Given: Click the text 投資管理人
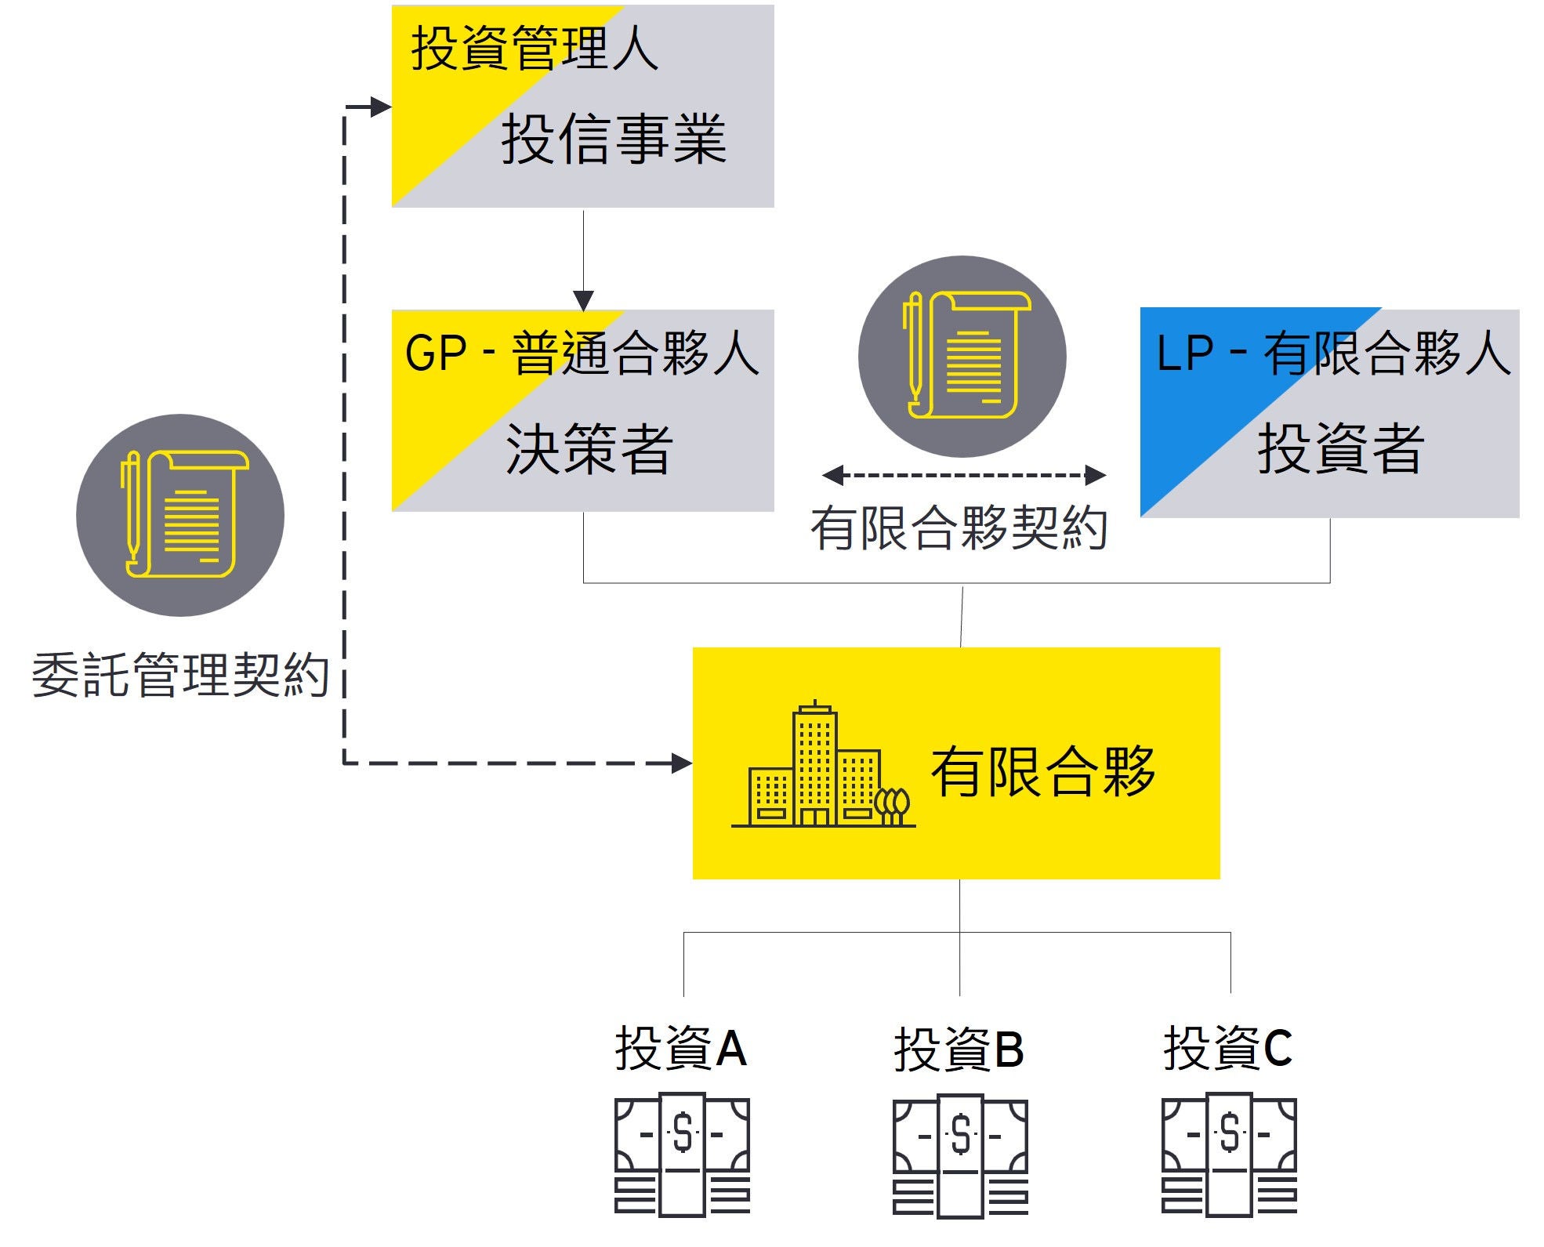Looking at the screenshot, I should coord(535,49).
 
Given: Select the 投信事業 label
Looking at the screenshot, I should coord(614,139).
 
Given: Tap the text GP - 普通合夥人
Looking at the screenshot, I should coord(582,353).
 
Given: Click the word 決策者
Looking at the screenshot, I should coord(589,449).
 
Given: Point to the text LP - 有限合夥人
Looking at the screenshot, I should coord(1333,353).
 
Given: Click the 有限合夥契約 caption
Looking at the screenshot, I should coord(959,527).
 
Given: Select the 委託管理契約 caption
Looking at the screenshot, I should coord(179,675).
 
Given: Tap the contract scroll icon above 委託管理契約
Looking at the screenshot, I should coord(180,515).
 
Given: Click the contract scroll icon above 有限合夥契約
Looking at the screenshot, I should coord(962,356).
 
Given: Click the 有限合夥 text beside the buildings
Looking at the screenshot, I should coord(1043,772).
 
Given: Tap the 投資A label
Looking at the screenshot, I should coord(680,1048).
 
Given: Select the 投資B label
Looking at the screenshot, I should coord(959,1049).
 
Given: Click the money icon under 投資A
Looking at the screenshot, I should coord(682,1155).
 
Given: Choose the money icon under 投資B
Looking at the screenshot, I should coord(960,1156).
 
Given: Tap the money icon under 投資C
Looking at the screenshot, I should coord(1229,1155).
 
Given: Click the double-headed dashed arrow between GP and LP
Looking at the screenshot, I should coord(963,475).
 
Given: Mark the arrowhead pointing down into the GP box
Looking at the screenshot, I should coord(583,300).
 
